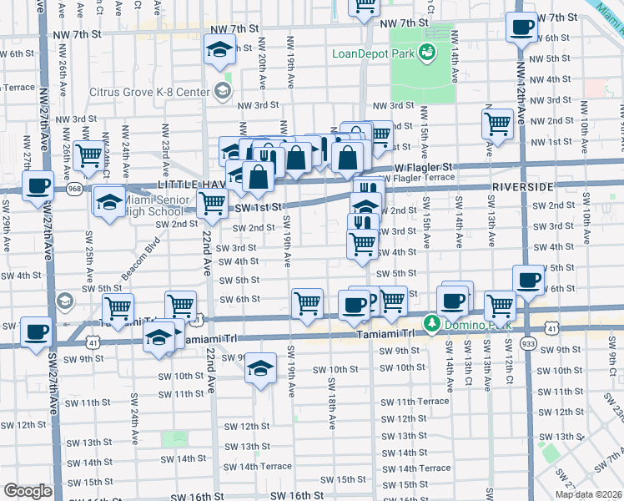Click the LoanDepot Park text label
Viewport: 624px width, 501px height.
pyautogui.click(x=371, y=56)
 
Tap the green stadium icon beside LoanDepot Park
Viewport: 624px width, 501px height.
pyautogui.click(x=427, y=53)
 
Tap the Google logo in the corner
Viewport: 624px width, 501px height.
pyautogui.click(x=28, y=491)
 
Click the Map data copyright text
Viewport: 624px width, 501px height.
pyautogui.click(x=589, y=494)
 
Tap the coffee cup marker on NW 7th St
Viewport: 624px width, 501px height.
pyautogui.click(x=522, y=28)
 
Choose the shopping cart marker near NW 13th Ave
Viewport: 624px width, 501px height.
pyautogui.click(x=498, y=124)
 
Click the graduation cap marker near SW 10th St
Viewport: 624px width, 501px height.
pyautogui.click(x=260, y=367)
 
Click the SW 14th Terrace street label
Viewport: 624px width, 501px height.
pyautogui.click(x=259, y=467)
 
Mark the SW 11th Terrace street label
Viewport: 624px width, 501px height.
pyautogui.click(x=421, y=402)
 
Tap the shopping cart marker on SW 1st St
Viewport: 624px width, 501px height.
pyautogui.click(x=213, y=202)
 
